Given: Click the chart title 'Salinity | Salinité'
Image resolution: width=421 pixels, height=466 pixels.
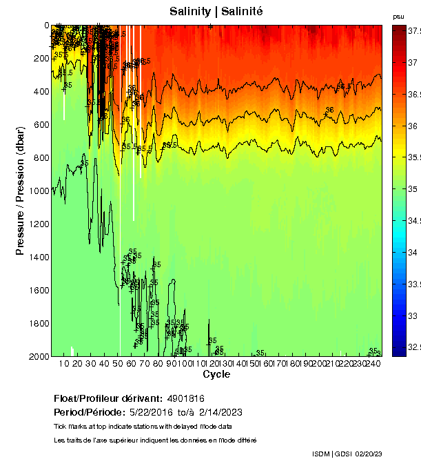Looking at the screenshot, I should coord(216,12).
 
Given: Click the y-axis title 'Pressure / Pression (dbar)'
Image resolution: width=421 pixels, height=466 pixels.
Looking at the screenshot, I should coord(20,191).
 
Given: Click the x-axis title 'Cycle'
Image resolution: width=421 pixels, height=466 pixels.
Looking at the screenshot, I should coord(216,374).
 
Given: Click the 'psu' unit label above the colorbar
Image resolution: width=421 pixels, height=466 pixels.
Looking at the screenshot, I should coord(398,16).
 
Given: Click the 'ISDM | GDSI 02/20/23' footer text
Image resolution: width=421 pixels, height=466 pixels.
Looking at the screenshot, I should coord(347,454).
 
